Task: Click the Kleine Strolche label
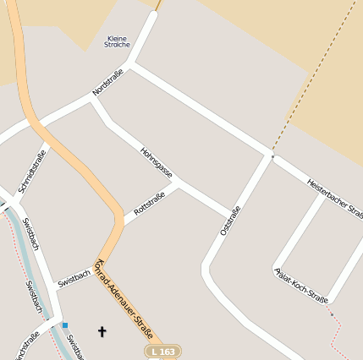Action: click(118, 41)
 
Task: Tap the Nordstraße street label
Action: click(107, 82)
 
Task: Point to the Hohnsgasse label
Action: click(157, 162)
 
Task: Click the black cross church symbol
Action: click(103, 332)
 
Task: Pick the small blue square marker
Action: click(64, 325)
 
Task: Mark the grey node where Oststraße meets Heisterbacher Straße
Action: click(272, 156)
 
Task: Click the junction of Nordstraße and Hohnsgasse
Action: click(93, 99)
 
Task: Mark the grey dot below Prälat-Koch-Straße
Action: click(331, 315)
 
